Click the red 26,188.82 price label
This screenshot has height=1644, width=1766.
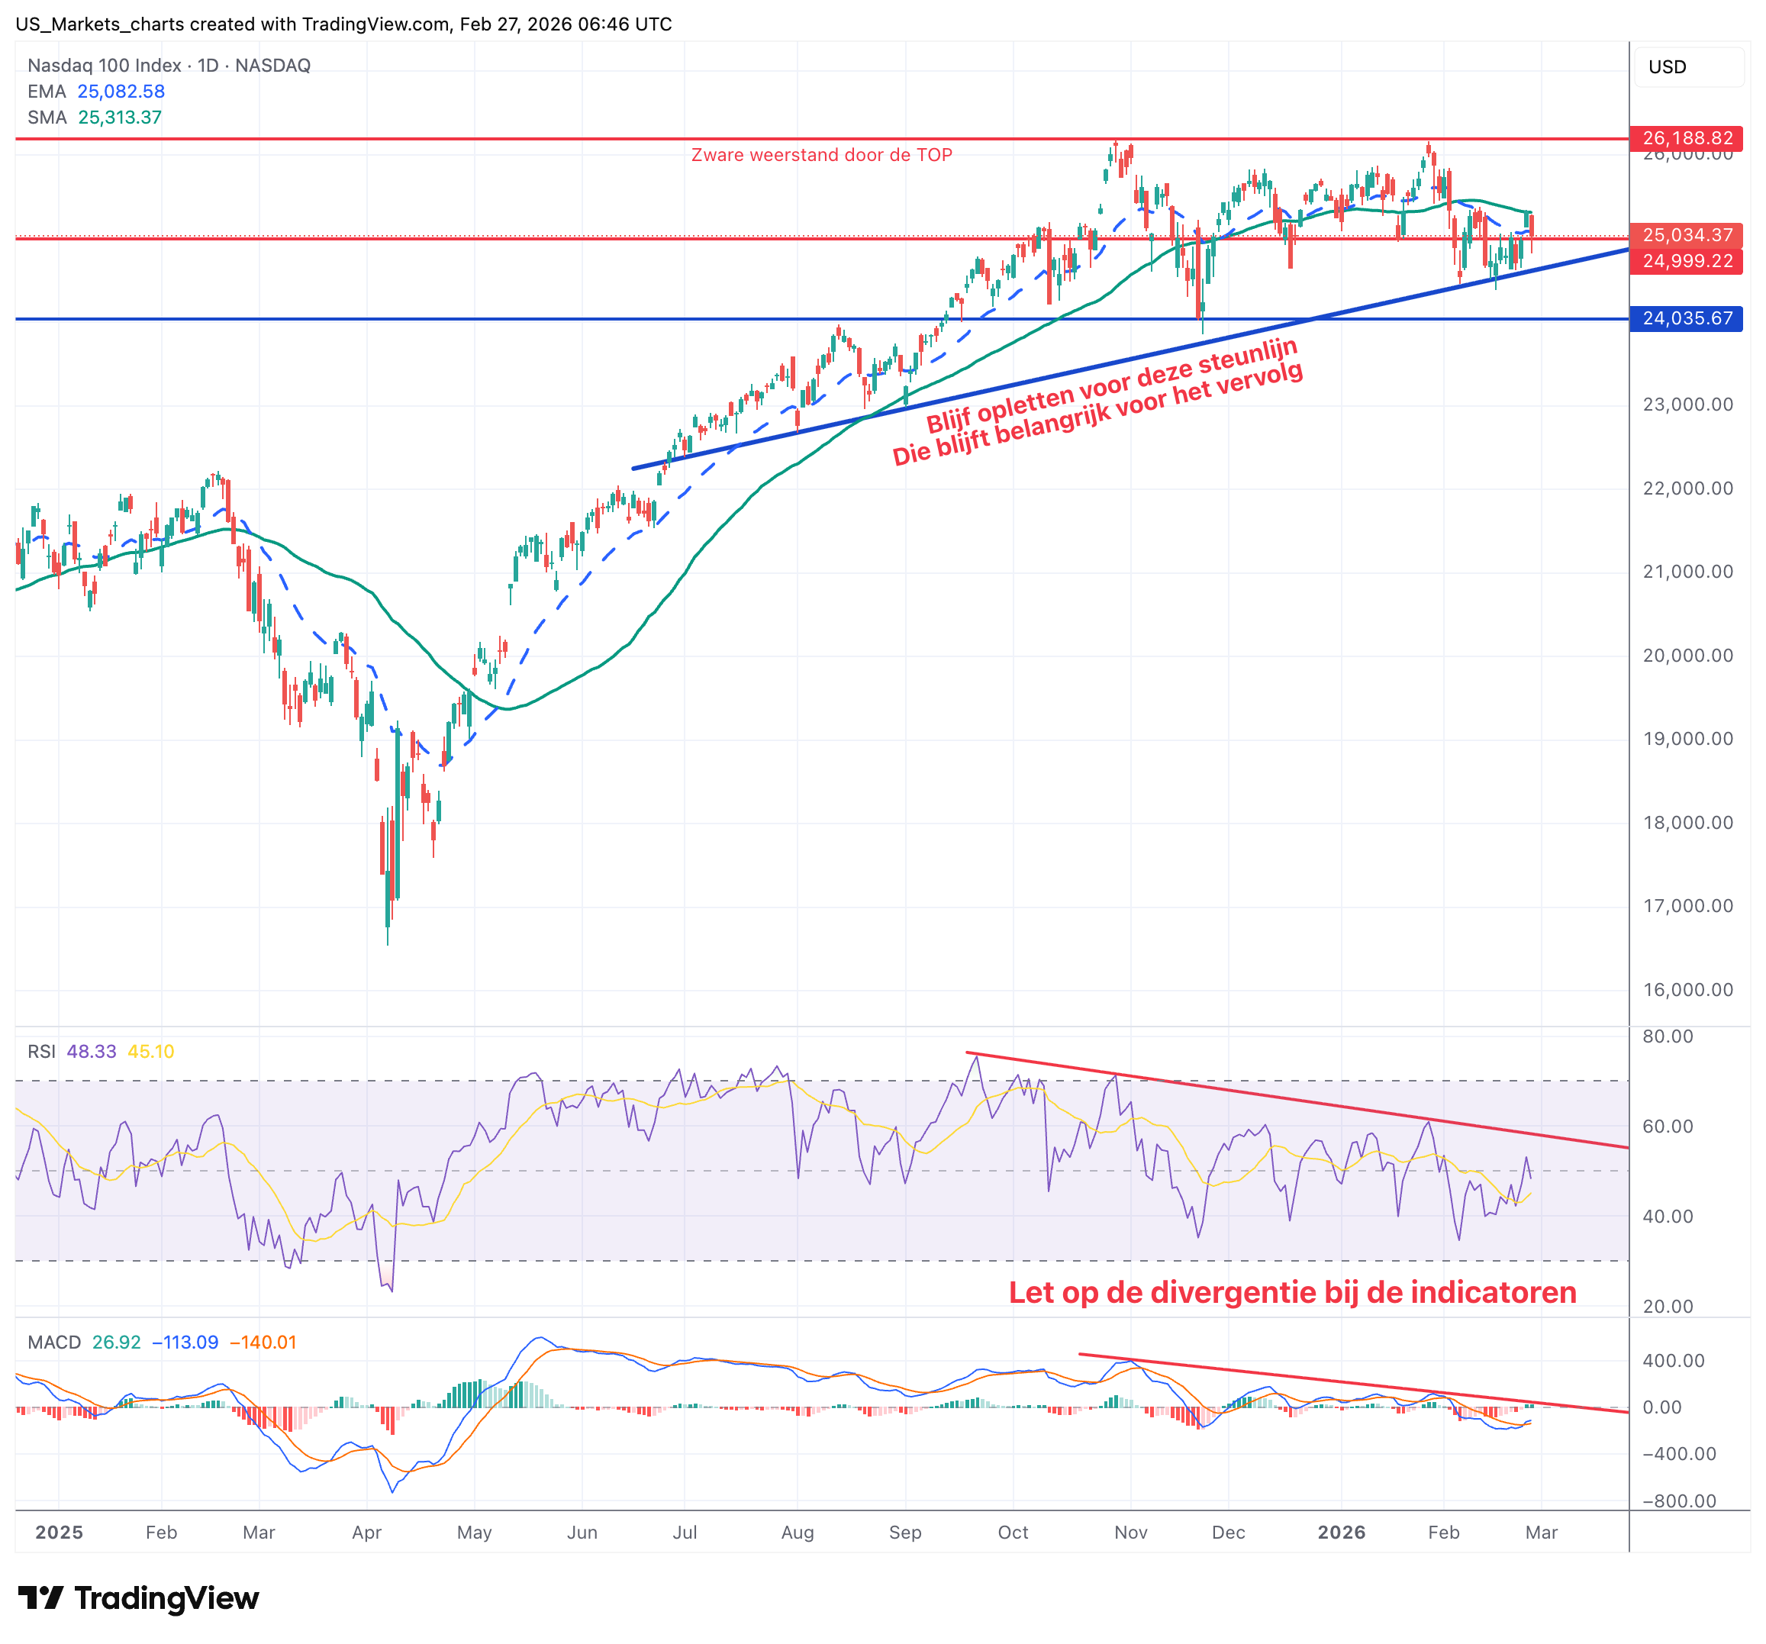click(x=1686, y=139)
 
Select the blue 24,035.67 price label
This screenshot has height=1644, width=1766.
click(x=1686, y=318)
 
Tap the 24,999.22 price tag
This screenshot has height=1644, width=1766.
click(x=1686, y=261)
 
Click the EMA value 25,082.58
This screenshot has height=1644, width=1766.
click(x=121, y=92)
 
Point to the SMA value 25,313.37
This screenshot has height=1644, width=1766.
click(x=120, y=118)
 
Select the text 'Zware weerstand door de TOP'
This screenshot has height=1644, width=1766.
click(x=822, y=156)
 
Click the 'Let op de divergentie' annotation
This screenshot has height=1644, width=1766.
click(x=1293, y=1292)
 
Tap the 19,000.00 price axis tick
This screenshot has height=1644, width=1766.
click(x=1687, y=739)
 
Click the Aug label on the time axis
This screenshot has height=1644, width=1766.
click(x=797, y=1532)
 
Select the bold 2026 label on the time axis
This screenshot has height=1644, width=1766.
click(x=1342, y=1532)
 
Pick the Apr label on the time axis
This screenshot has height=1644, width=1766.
click(x=367, y=1532)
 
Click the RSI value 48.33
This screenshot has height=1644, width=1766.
click(x=92, y=1052)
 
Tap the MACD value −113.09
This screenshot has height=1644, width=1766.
click(x=185, y=1342)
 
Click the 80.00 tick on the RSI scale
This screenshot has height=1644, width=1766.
click(x=1668, y=1036)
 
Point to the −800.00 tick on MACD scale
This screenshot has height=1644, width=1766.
click(x=1679, y=1501)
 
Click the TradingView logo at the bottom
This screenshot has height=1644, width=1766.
click(x=139, y=1599)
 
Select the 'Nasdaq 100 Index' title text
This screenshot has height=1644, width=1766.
click(x=104, y=66)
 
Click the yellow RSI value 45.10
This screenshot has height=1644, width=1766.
click(x=151, y=1052)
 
